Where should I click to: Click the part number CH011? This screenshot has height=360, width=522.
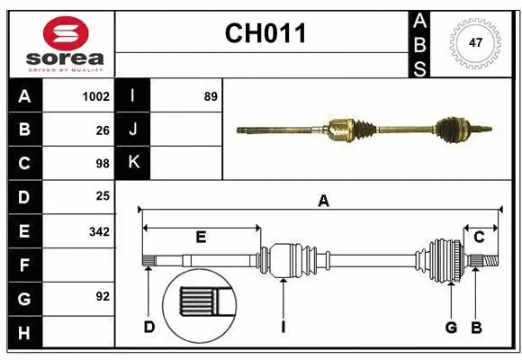point(265,33)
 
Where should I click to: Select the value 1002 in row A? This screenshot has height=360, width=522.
point(95,96)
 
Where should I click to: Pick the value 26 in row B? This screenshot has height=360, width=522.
point(102,130)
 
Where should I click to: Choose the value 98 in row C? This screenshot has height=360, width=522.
point(102,164)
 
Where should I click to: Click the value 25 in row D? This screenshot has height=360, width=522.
point(102,195)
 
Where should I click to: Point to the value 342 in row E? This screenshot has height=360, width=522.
point(98,231)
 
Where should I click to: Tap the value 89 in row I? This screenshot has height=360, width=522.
point(211,96)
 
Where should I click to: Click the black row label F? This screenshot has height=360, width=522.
point(24,265)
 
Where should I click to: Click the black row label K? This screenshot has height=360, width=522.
point(133,163)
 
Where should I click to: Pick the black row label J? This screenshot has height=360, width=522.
point(133,130)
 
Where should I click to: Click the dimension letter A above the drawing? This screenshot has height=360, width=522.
point(322,202)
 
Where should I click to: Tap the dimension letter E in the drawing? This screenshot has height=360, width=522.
point(201,237)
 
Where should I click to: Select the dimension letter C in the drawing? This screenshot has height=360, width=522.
point(479,237)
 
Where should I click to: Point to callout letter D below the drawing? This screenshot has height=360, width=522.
point(149,327)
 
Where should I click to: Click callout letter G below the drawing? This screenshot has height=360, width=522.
point(451,327)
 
